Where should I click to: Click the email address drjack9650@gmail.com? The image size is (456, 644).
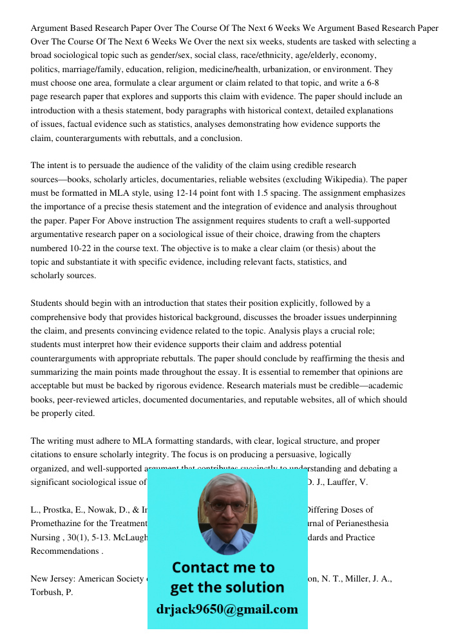tap(227, 609)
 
